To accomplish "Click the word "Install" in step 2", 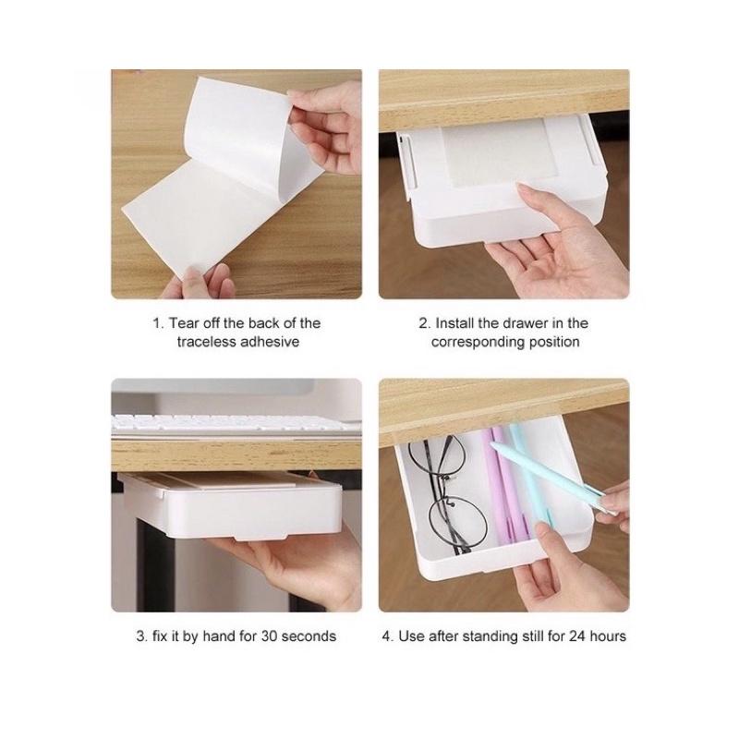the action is (454, 323).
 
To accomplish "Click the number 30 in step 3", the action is (269, 636).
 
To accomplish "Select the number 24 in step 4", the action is (576, 636).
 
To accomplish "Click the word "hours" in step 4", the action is (608, 636).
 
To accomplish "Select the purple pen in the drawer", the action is (505, 486).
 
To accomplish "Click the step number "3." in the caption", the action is (142, 636).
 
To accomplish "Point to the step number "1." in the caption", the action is (158, 323).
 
